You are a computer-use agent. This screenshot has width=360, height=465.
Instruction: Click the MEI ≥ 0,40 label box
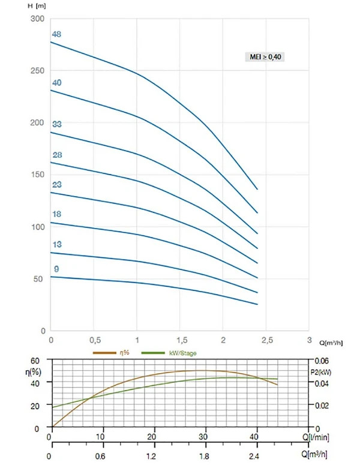[x=265, y=56]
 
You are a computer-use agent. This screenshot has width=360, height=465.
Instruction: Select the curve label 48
[x=56, y=34]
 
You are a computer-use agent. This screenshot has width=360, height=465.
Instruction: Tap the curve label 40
[x=56, y=83]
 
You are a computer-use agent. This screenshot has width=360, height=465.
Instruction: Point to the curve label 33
[x=57, y=124]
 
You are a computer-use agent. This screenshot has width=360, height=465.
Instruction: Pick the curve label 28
[x=57, y=155]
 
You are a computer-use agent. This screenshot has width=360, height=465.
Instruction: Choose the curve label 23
[x=57, y=184]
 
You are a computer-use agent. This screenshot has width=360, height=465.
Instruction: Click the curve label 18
[x=56, y=214]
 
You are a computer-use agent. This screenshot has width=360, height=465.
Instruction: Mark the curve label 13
[x=57, y=244]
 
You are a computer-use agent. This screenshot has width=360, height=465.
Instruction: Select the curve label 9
[x=56, y=269]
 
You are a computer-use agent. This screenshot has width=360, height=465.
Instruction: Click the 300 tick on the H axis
[x=37, y=19]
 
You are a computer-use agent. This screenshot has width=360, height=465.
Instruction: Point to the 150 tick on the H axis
[x=38, y=175]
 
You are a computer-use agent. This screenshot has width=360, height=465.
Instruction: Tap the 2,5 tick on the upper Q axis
[x=267, y=340]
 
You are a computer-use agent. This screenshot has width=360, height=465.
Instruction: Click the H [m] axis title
[x=37, y=6]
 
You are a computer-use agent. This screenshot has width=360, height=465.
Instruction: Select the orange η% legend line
[x=104, y=353]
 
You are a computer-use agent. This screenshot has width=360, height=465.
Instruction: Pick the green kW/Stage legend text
[x=182, y=353]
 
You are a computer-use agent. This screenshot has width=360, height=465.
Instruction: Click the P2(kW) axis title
[x=321, y=372]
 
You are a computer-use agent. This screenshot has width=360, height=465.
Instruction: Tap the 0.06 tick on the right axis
[x=322, y=361]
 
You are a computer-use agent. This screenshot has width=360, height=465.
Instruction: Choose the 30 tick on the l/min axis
[x=203, y=437]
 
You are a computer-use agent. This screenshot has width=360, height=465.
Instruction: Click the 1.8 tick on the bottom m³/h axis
[x=204, y=456]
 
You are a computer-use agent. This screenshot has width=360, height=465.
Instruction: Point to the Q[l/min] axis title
[x=316, y=437]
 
